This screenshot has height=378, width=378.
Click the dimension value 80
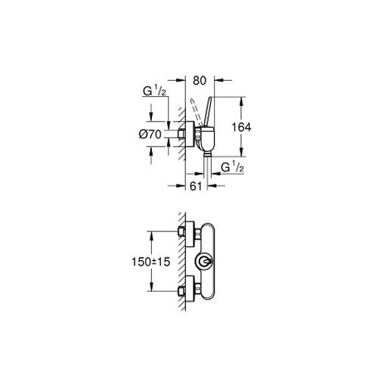click(x=200, y=81)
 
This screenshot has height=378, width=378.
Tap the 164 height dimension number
click(x=241, y=127)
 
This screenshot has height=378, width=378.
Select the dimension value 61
click(x=196, y=186)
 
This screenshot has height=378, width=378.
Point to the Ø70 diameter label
click(x=150, y=135)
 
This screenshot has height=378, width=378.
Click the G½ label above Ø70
click(x=154, y=91)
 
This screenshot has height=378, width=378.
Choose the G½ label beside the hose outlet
click(x=232, y=167)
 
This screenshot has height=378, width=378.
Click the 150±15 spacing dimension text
click(x=151, y=262)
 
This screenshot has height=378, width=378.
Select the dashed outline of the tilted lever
click(x=197, y=112)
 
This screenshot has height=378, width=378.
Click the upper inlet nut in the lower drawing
click(x=181, y=231)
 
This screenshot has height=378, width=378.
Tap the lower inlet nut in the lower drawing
click(x=181, y=292)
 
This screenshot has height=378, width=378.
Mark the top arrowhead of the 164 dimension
click(x=241, y=101)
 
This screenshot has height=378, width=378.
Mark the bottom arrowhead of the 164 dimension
click(x=241, y=153)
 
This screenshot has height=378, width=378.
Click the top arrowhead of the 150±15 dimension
click(x=151, y=235)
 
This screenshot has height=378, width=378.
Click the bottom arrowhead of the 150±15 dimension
click(x=151, y=287)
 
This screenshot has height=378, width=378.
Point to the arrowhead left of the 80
click(x=181, y=80)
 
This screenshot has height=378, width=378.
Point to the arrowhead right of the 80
click(x=218, y=80)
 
